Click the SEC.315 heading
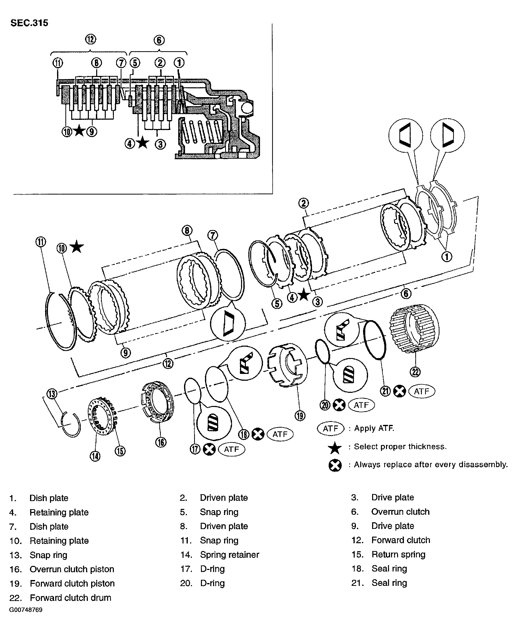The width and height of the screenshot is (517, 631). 29,23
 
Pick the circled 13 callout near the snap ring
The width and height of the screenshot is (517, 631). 52,394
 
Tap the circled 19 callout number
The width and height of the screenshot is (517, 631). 300,416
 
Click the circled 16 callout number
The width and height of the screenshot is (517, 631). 161,442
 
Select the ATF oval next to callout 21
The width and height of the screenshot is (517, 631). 422,391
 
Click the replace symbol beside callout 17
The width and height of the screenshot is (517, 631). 209,449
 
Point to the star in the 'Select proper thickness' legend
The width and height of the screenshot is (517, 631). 335,448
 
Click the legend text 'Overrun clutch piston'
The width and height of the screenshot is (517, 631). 72,569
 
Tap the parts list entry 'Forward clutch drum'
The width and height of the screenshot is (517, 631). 71,598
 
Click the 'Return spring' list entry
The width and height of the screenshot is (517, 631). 398,555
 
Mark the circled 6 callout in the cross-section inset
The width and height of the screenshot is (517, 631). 159,40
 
